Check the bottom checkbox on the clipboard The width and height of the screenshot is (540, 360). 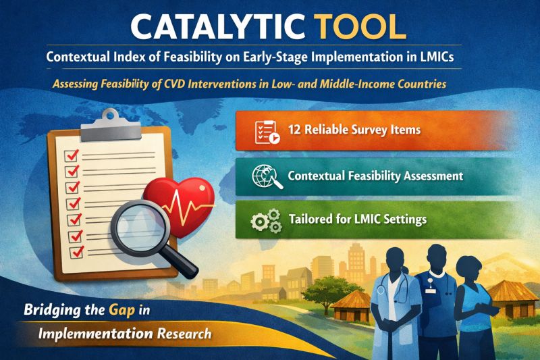pos(76,251)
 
